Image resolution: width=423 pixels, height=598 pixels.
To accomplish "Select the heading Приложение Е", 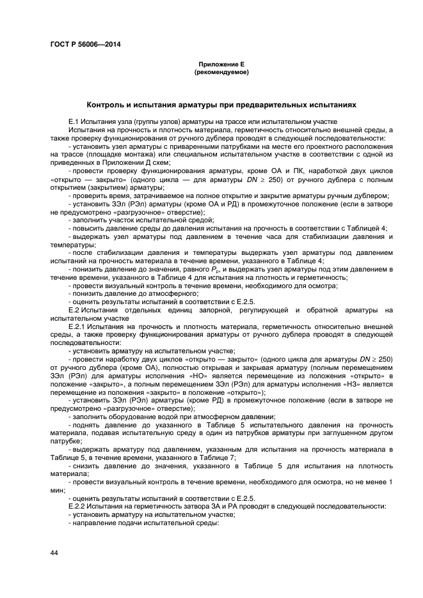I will coord(221,65).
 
